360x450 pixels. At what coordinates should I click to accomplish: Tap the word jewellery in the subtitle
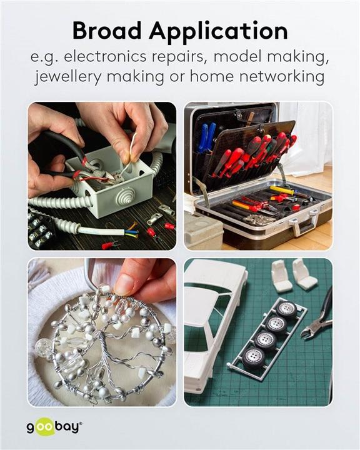point(67,77)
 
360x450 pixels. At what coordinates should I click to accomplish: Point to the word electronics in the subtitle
point(105,56)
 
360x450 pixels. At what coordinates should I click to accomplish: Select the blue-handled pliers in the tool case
point(207,137)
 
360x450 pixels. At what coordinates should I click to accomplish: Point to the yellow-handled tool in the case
point(282,190)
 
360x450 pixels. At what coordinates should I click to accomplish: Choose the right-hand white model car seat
point(302,274)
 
